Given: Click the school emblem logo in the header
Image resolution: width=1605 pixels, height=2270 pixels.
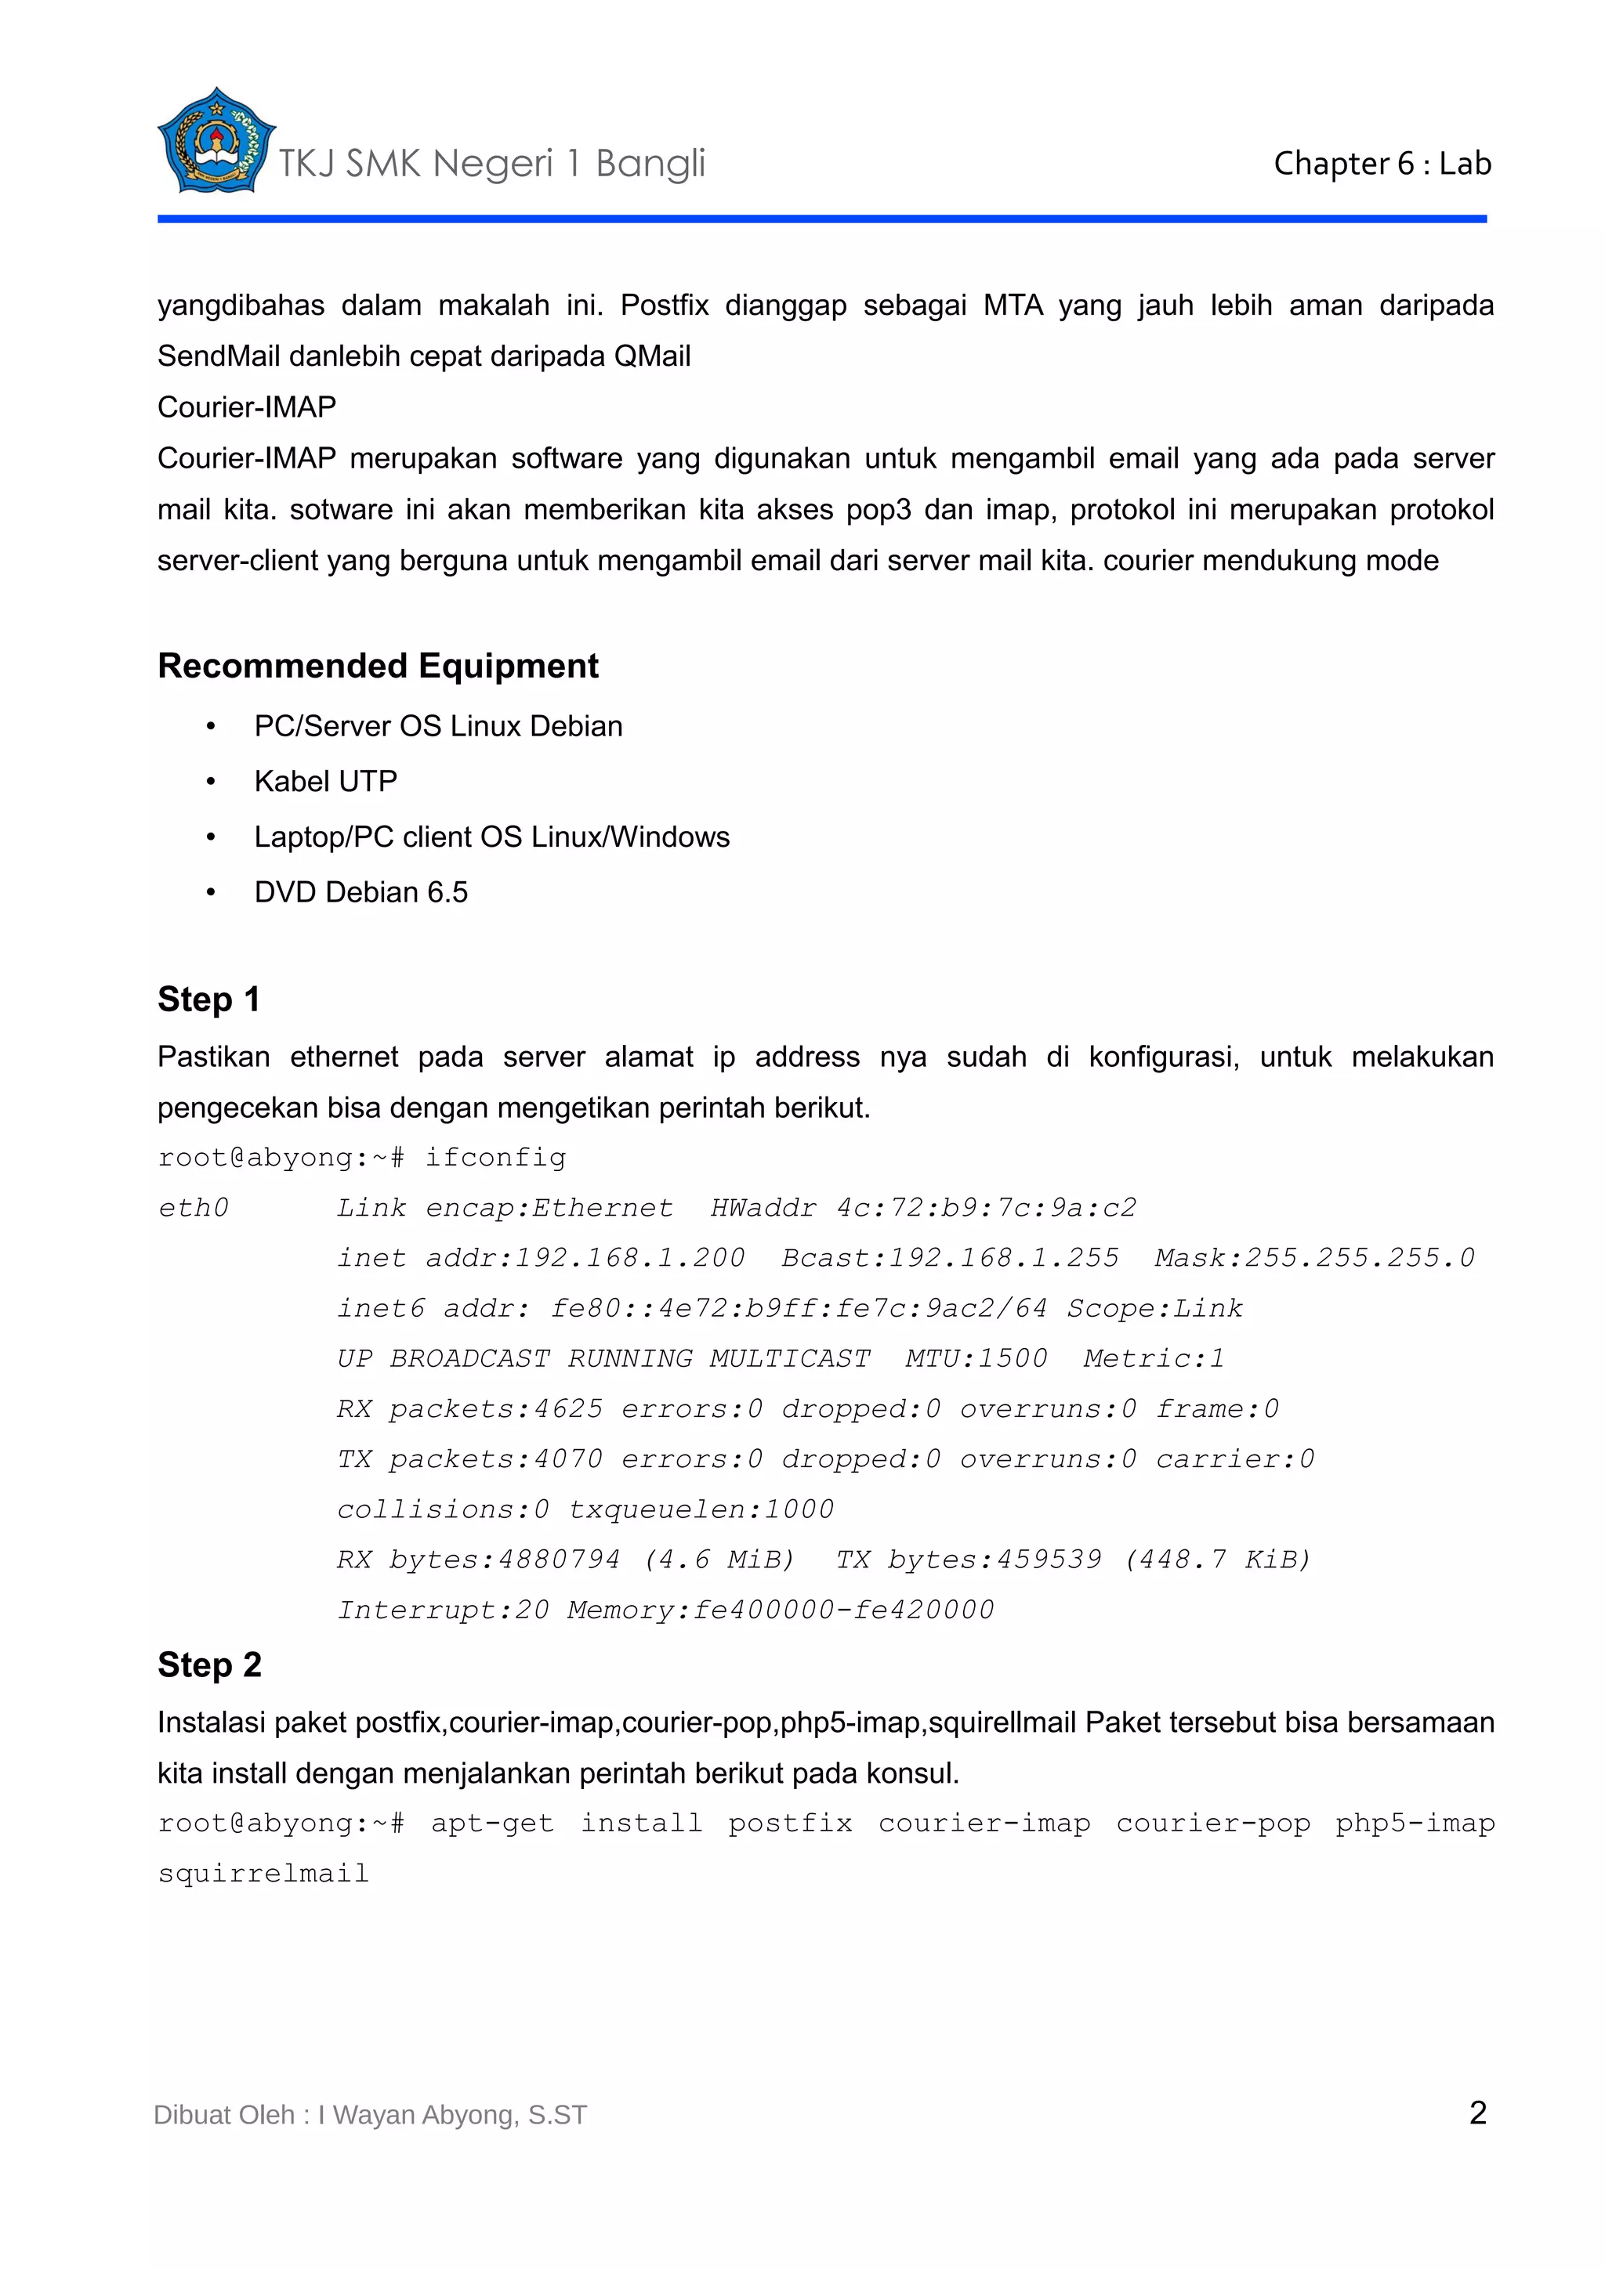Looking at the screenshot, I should pos(215,141).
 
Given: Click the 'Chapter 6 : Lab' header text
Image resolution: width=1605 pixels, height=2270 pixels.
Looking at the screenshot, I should pos(1382,163).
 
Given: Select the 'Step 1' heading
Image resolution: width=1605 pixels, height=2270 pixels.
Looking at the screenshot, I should pos(208,999).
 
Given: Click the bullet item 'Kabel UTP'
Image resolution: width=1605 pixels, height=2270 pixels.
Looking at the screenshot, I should pos(325,781).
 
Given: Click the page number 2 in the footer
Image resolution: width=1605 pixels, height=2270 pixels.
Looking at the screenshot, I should pos(1477,2113).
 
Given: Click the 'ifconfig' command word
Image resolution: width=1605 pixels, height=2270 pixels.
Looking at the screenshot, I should pos(495,1158).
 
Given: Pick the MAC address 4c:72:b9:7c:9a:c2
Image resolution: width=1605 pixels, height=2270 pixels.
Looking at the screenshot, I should pos(986,1208).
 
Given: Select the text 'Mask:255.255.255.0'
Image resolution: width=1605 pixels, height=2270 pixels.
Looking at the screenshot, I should pos(1314,1259).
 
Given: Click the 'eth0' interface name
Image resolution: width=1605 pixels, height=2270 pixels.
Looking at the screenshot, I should pos(194,1208).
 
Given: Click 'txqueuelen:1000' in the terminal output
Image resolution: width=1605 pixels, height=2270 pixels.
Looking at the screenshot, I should pos(701,1509).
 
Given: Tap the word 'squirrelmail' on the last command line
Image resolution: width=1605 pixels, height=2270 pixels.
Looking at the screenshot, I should pos(263,1874).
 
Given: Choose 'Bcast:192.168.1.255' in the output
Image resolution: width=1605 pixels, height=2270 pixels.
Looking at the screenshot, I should pos(949,1259).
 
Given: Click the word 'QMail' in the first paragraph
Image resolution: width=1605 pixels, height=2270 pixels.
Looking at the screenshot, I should pos(652,356).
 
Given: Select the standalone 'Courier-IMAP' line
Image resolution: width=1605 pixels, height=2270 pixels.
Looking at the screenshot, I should pos(247,407).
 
